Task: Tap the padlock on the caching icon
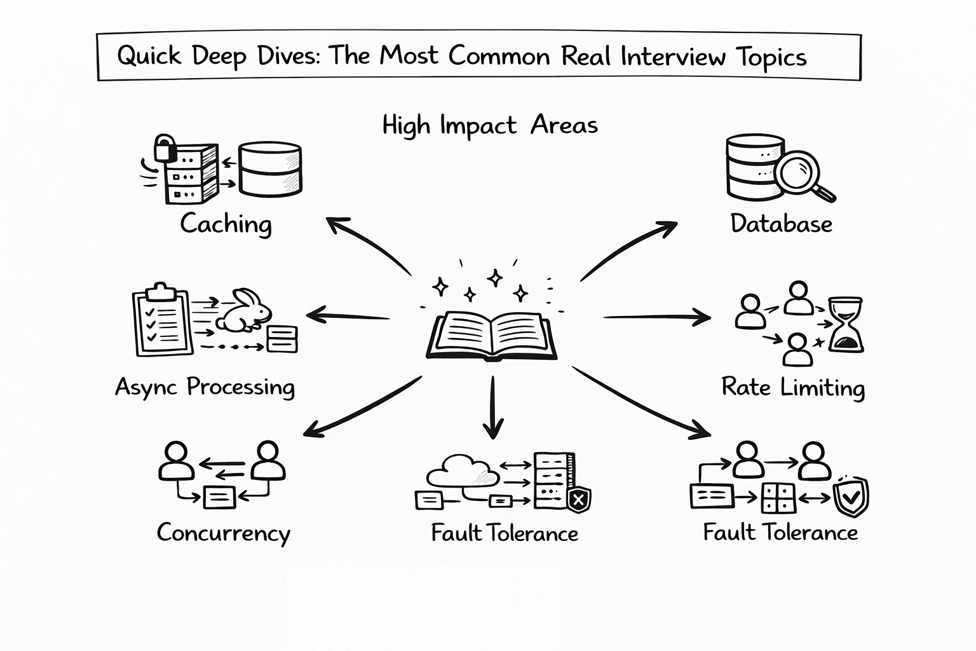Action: tap(165, 148)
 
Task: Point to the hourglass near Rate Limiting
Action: tap(846, 324)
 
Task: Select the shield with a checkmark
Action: tap(850, 497)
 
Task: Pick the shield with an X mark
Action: tap(578, 500)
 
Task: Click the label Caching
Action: tap(226, 224)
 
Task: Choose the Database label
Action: tap(781, 224)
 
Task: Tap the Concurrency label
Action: tap(223, 533)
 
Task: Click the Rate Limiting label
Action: tap(792, 387)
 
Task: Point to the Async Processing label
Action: tap(205, 387)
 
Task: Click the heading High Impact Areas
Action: tap(490, 125)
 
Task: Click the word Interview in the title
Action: tap(672, 57)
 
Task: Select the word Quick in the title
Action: tap(149, 57)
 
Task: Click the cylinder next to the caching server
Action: tap(269, 168)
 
